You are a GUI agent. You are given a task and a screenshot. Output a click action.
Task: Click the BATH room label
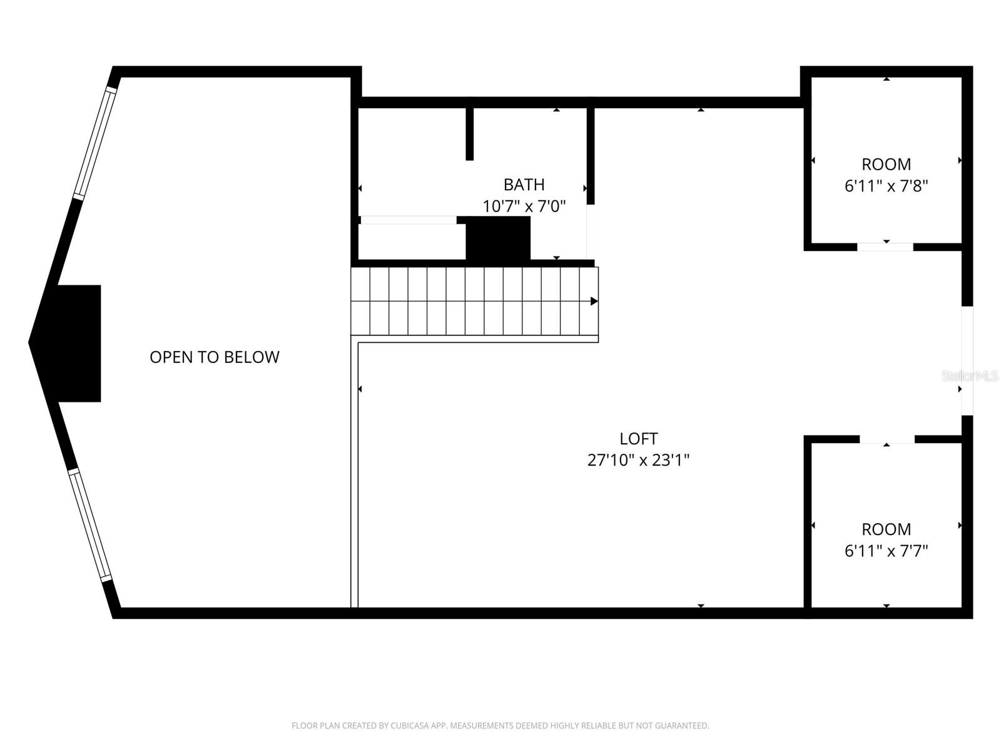click(x=524, y=185)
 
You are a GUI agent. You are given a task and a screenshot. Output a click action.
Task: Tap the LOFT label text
click(x=638, y=439)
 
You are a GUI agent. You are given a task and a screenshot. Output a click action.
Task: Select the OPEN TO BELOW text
click(x=214, y=357)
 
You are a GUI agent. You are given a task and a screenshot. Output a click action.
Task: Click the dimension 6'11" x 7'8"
click(x=886, y=186)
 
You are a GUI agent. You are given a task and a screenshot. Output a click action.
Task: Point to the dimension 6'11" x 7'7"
click(x=886, y=551)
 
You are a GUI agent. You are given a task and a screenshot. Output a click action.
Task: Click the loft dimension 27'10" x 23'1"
click(x=638, y=460)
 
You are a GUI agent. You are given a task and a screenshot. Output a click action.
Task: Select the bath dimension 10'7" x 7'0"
click(x=524, y=206)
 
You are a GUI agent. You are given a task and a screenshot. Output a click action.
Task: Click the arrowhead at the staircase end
click(x=594, y=302)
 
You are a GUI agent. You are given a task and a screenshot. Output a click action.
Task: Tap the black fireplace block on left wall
click(x=80, y=343)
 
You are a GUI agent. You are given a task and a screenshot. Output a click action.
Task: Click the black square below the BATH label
click(x=499, y=238)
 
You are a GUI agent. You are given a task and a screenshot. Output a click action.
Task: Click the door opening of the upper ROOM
click(x=885, y=247)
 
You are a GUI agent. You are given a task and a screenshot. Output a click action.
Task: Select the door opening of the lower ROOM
click(x=887, y=439)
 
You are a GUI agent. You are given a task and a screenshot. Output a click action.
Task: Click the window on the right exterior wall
click(x=967, y=360)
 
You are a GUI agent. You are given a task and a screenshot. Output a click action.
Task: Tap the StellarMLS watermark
click(x=969, y=375)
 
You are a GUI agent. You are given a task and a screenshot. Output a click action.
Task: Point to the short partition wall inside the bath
click(x=470, y=134)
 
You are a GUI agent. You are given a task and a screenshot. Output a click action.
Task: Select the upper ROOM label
click(x=886, y=165)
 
